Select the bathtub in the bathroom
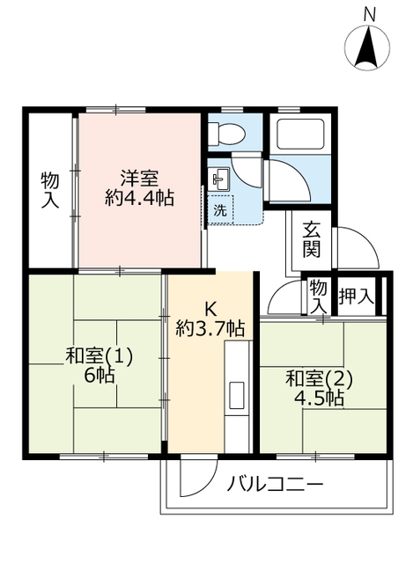point(301,135)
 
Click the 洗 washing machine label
point(219,210)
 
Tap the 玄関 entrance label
point(312,238)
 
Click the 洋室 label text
point(139,175)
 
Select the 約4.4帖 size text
point(139,198)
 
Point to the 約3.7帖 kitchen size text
point(210,329)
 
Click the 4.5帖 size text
point(319,398)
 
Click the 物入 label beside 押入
point(318,296)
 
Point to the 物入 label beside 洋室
point(50,190)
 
